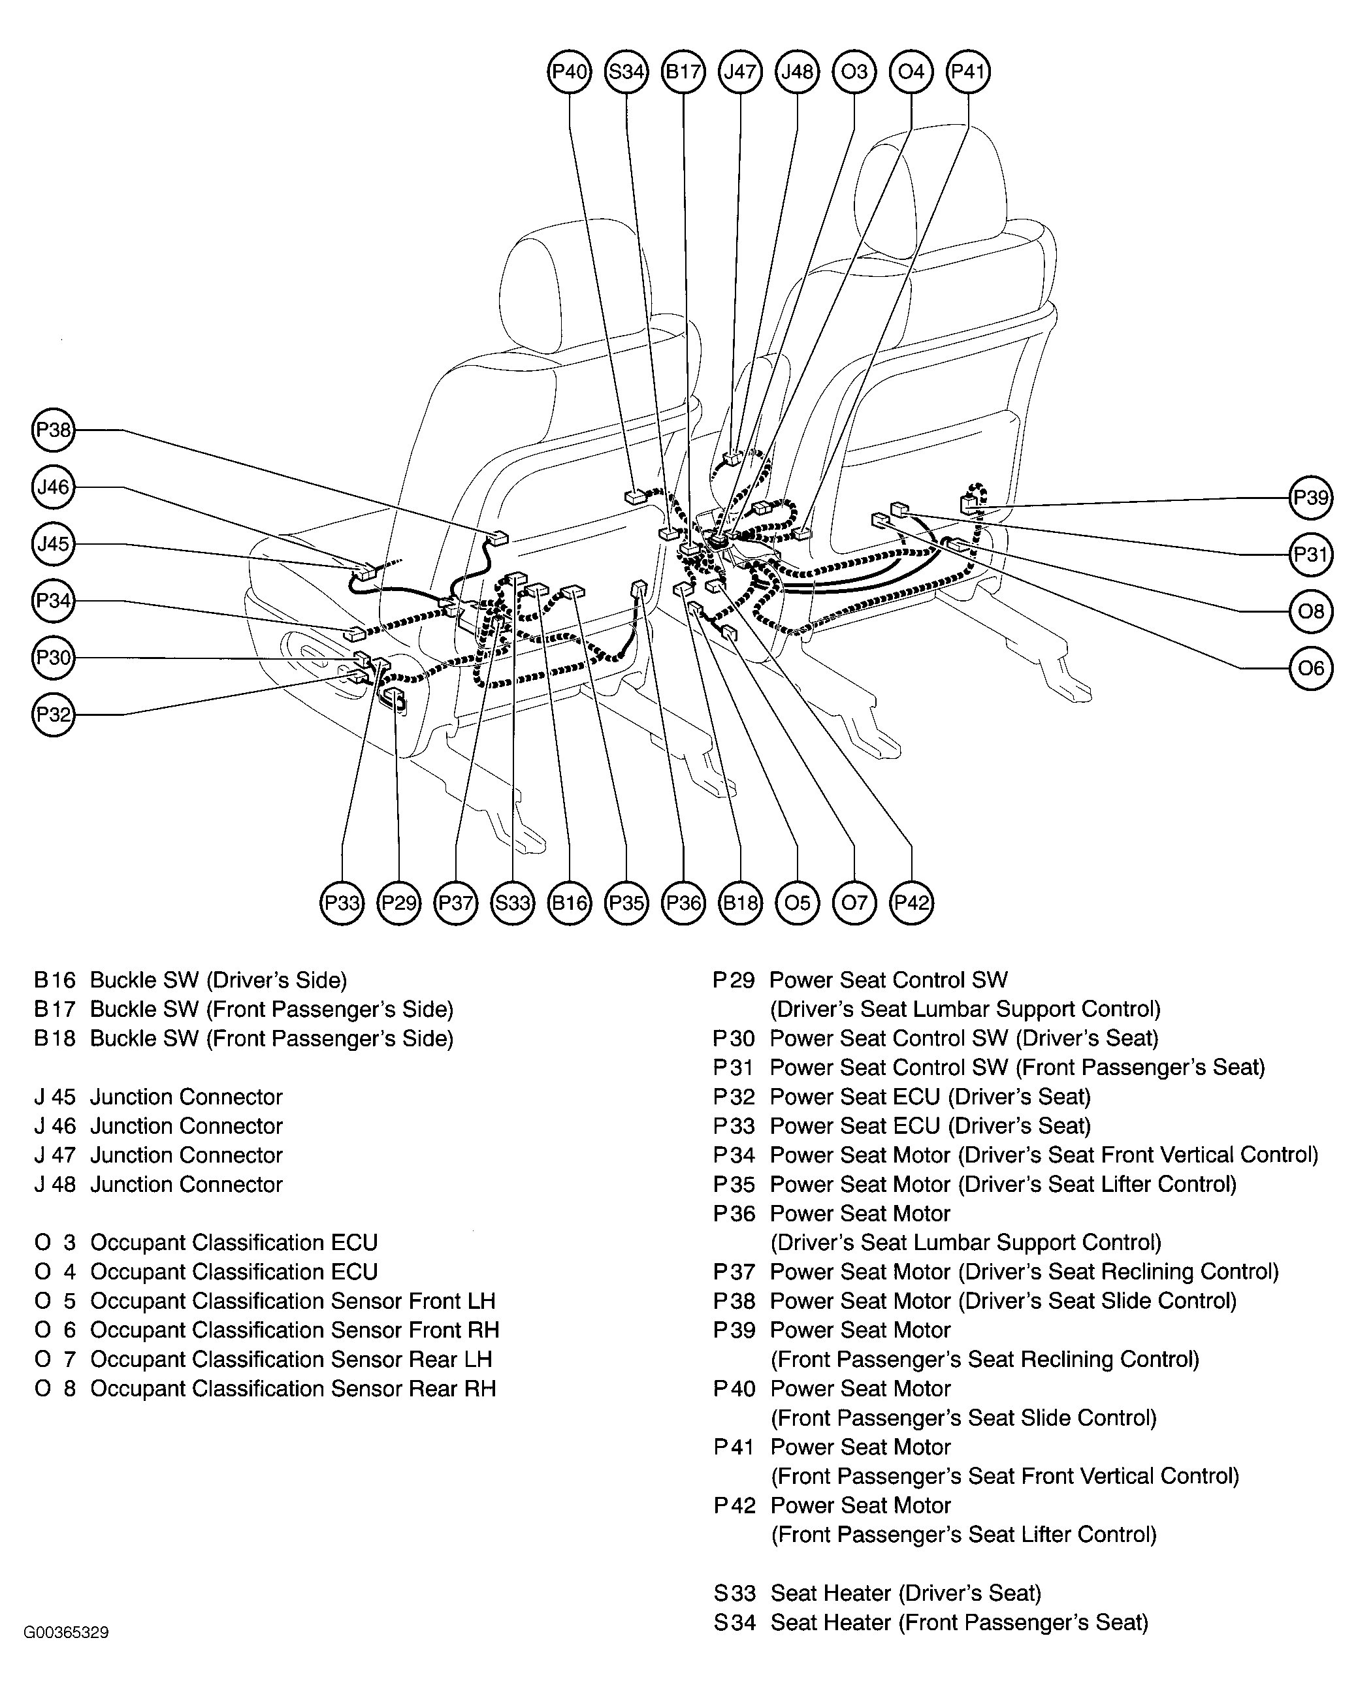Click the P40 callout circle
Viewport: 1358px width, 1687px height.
pyautogui.click(x=569, y=72)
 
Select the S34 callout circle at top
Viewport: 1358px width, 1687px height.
pyautogui.click(x=626, y=72)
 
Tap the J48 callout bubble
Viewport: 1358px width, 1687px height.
pyautogui.click(x=797, y=72)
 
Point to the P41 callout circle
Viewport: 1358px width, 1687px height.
pyautogui.click(x=968, y=72)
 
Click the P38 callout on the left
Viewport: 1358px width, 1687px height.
pyautogui.click(x=53, y=430)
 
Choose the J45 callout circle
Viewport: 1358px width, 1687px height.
pyautogui.click(x=53, y=544)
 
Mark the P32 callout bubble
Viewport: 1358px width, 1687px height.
pyautogui.click(x=53, y=715)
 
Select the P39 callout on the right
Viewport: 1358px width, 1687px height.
pyautogui.click(x=1311, y=498)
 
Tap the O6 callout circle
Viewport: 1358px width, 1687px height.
pyautogui.click(x=1311, y=668)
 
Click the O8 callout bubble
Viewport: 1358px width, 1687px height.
pyautogui.click(x=1311, y=611)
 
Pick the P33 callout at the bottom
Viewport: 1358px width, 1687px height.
pyautogui.click(x=342, y=903)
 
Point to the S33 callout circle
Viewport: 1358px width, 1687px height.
pyautogui.click(x=513, y=903)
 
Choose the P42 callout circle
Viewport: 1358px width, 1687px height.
pyautogui.click(x=912, y=903)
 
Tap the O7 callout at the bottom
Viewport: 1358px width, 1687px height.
pyautogui.click(x=854, y=903)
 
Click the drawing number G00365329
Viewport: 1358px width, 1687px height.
pyautogui.click(x=67, y=1632)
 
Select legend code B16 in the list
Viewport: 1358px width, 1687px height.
pyautogui.click(x=55, y=980)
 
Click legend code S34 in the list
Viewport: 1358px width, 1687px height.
pyautogui.click(x=734, y=1622)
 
